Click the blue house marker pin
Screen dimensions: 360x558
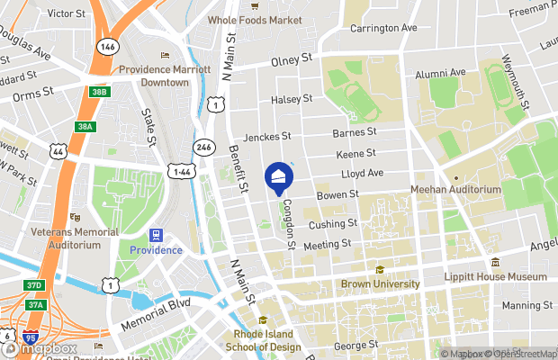point(279,176)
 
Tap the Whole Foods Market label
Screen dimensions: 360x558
point(255,20)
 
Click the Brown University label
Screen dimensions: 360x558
point(381,283)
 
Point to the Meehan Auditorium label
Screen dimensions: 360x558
point(455,190)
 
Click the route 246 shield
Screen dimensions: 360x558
point(205,147)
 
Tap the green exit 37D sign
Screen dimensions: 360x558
point(34,285)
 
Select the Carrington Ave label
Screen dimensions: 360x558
point(383,29)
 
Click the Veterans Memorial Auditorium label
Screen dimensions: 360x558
point(76,238)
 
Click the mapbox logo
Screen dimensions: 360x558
point(40,348)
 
